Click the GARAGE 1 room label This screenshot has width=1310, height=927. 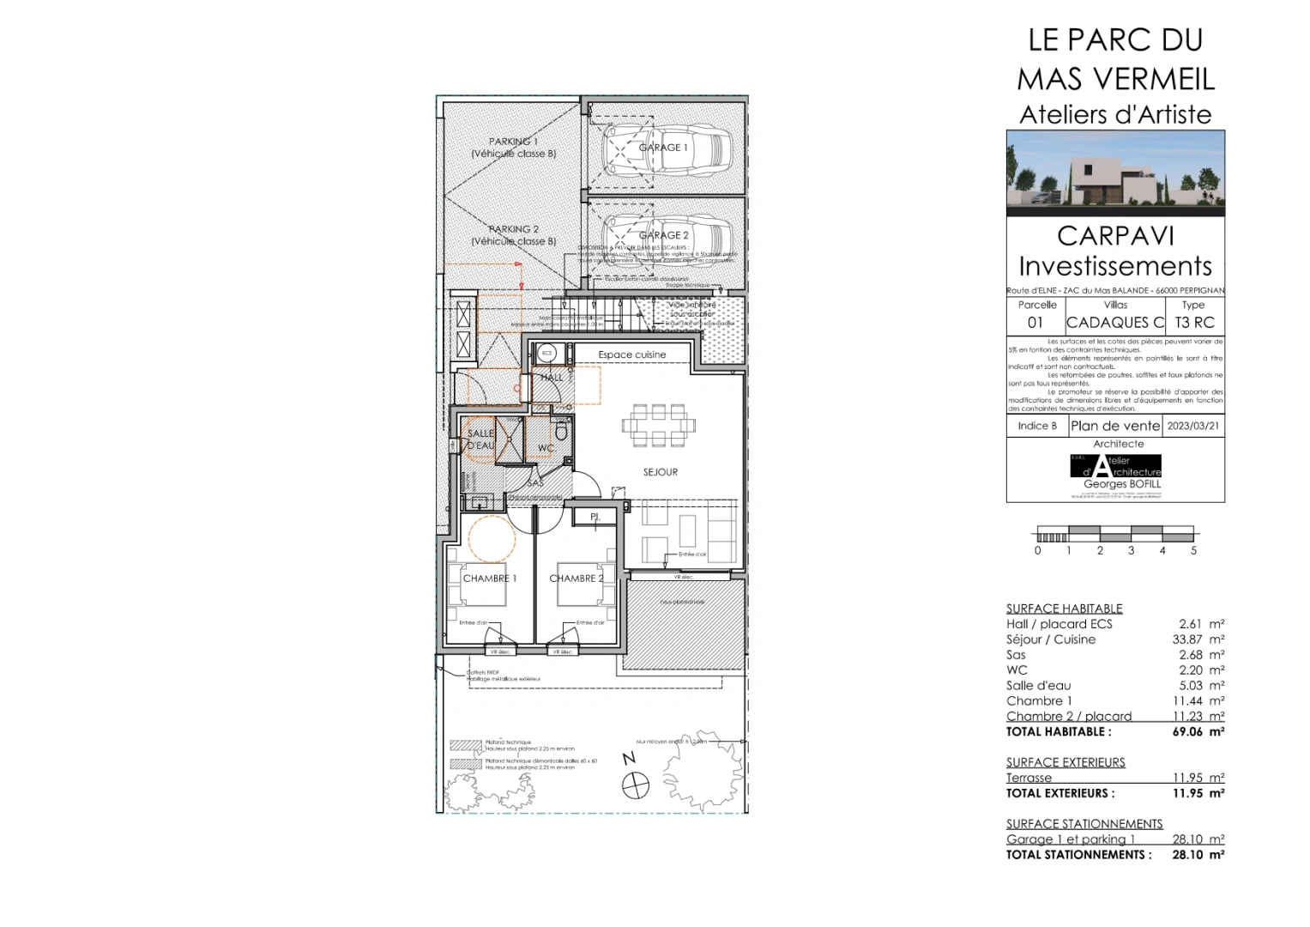point(663,148)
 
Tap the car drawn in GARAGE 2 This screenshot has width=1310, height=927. point(667,234)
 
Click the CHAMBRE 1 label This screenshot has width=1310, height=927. point(490,579)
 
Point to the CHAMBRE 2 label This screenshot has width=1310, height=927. point(576,579)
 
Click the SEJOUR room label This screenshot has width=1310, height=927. point(661,472)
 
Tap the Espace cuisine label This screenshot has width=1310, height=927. point(632,354)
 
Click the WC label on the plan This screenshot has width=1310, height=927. point(546,449)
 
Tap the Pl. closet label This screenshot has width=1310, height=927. point(595,518)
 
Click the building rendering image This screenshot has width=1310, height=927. point(1115,174)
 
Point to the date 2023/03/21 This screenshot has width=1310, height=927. point(1193,426)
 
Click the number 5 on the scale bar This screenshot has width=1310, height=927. point(1193,550)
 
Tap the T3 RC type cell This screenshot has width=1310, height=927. point(1192,323)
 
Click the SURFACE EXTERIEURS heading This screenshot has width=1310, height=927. point(1066,762)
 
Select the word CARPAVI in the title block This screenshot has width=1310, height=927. point(1115,236)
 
